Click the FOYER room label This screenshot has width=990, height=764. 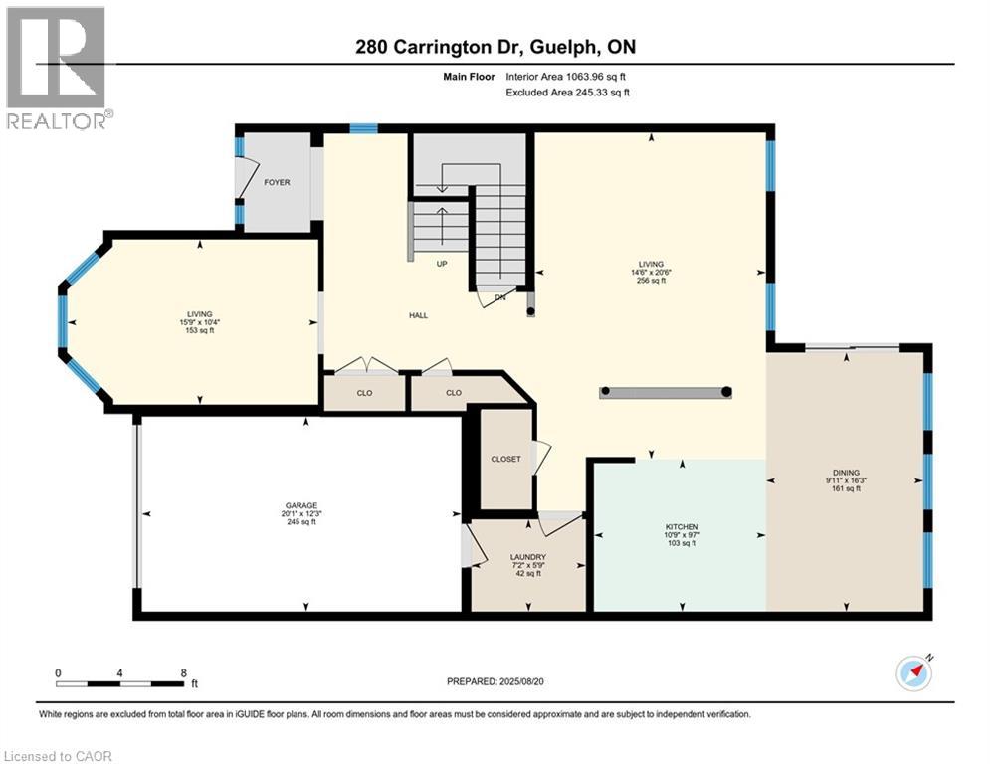(x=277, y=182)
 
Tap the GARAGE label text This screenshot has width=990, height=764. (x=301, y=505)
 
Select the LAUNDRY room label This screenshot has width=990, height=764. (x=527, y=557)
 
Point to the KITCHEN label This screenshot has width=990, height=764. (x=682, y=527)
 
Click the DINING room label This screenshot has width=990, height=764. (x=846, y=473)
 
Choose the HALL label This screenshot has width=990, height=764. (x=418, y=315)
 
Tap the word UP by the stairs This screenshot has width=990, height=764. (x=442, y=264)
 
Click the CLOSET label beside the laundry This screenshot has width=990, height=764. (x=505, y=459)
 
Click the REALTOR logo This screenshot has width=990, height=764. (x=58, y=68)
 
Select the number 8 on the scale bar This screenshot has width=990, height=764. (x=184, y=673)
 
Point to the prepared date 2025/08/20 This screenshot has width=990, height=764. (x=521, y=681)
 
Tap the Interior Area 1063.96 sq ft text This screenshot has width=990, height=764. (x=566, y=77)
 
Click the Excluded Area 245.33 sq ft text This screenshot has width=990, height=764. (x=567, y=93)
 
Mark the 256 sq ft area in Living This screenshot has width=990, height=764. (x=651, y=281)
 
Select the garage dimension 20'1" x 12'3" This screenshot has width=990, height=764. (x=301, y=514)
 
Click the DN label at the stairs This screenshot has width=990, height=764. (x=500, y=297)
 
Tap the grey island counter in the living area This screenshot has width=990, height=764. (x=666, y=392)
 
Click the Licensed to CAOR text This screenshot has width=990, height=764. (x=58, y=756)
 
